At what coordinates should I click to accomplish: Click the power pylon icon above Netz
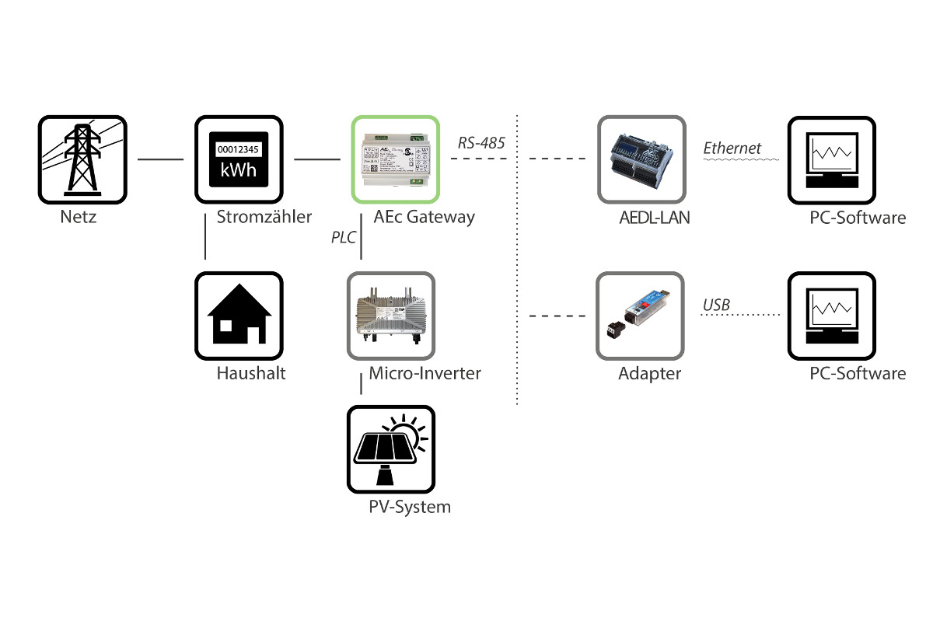(x=82, y=159)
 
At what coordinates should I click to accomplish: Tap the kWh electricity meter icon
(x=238, y=159)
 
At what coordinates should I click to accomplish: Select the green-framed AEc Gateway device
(x=396, y=159)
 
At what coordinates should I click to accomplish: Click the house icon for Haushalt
(x=238, y=316)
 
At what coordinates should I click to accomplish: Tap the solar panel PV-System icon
(x=391, y=449)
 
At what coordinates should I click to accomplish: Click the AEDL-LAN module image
(x=641, y=159)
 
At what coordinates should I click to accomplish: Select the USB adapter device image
(x=641, y=316)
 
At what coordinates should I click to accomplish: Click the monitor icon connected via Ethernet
(x=832, y=159)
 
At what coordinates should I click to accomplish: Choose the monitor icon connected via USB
(x=832, y=316)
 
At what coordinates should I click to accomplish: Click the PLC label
(x=343, y=237)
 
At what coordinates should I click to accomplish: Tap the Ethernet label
(x=732, y=148)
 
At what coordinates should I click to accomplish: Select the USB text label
(x=716, y=305)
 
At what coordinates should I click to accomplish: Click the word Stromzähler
(x=264, y=217)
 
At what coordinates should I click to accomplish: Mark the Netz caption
(x=79, y=217)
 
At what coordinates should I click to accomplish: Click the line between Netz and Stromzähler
(x=160, y=160)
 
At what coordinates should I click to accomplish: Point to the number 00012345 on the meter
(x=238, y=148)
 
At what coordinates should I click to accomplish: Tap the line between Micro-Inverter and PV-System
(x=362, y=384)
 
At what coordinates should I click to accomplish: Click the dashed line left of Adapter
(x=557, y=316)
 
